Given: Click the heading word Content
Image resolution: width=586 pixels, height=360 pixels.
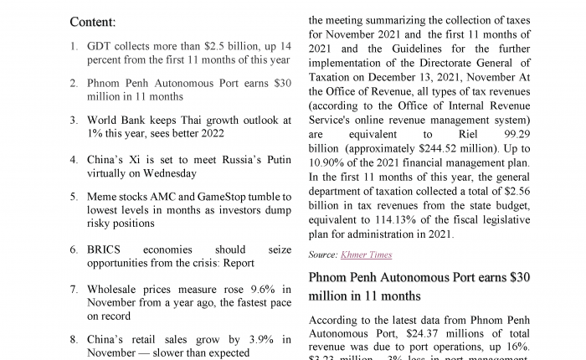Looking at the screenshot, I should pos(92,22).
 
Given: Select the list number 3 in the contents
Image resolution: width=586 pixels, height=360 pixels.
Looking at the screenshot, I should pos(74,121).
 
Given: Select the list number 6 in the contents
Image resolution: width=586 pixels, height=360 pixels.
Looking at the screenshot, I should pos(74,249).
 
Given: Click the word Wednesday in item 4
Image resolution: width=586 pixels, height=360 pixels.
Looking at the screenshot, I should pos(169,173).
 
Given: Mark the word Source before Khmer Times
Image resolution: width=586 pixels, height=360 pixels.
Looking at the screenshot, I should pos(322,255).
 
